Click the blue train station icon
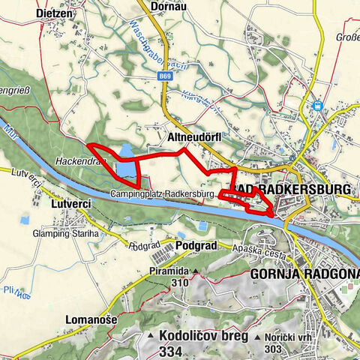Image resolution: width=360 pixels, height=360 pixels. click(318, 106)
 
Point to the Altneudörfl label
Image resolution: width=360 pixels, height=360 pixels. click(193, 137)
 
